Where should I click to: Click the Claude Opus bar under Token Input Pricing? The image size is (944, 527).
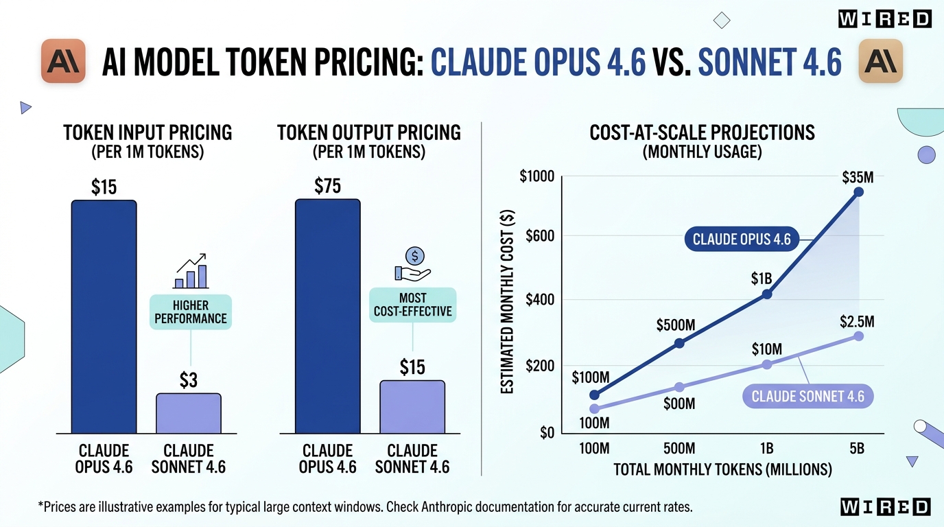click(104, 316)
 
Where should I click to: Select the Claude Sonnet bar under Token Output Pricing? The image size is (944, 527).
click(412, 406)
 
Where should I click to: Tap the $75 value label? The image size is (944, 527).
click(327, 186)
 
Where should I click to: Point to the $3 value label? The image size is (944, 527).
click(188, 380)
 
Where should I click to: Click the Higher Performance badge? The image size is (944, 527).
click(191, 312)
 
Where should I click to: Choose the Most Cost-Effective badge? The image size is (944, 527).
click(412, 305)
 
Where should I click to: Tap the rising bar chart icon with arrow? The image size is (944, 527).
click(190, 271)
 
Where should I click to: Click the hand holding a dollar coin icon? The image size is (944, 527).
click(412, 265)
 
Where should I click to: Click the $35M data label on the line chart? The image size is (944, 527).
click(858, 177)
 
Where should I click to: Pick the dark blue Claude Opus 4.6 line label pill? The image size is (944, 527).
click(742, 239)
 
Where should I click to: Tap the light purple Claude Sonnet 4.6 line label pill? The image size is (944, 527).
click(807, 397)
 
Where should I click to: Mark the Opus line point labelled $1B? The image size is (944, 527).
click(767, 294)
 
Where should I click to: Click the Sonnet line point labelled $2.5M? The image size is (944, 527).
click(858, 336)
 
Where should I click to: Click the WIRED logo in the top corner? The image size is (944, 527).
click(884, 19)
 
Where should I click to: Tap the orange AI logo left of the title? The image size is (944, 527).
click(63, 62)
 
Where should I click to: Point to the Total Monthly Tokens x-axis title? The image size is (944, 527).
click(722, 470)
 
